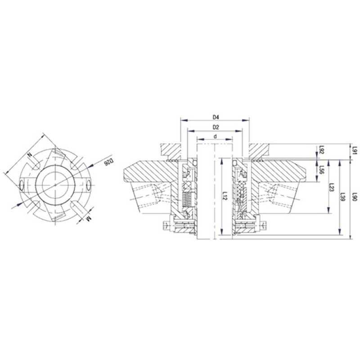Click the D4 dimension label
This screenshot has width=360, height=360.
click(x=215, y=117)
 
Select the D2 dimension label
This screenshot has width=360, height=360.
click(x=215, y=127)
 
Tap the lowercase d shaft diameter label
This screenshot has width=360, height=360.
click(x=215, y=136)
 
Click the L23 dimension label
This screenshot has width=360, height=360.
click(x=332, y=188)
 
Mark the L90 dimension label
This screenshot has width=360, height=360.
click(x=355, y=197)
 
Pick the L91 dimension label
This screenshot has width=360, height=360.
click(x=355, y=151)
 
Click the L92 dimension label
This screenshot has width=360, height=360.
click(x=321, y=150)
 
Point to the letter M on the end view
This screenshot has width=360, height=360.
click(x=89, y=219)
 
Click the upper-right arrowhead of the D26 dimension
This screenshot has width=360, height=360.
click(x=92, y=163)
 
